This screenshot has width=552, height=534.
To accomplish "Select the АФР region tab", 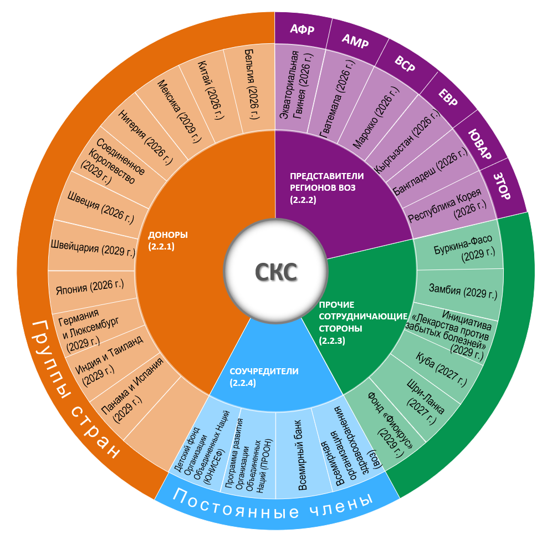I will click(302, 29).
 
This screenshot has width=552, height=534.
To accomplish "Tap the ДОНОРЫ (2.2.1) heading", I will click(168, 240).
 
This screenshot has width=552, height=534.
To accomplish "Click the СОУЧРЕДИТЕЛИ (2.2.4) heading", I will click(256, 377).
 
